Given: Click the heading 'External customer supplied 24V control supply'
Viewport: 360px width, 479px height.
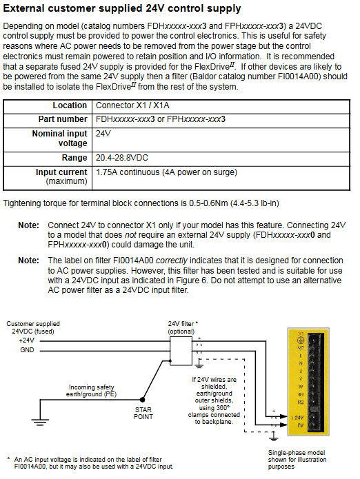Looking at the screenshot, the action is click(122, 8).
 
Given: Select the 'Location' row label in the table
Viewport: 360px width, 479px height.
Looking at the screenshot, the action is click(70, 105).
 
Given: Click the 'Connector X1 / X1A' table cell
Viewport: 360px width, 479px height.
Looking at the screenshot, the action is click(132, 105).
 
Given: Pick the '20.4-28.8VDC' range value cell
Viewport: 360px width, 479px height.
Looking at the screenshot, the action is click(121, 158).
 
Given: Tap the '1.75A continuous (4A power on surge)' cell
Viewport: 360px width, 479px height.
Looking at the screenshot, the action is click(166, 172).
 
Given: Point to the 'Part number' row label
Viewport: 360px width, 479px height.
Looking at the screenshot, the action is click(63, 119).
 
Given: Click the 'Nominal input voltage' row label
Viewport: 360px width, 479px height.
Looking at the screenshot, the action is click(59, 139).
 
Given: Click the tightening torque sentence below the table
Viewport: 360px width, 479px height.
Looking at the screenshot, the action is click(141, 203).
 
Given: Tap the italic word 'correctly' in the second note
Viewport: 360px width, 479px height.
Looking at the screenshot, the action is click(172, 261).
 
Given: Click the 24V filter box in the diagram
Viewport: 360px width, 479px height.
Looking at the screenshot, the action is click(181, 351).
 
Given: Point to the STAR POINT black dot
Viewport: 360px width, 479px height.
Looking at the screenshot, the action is click(142, 399).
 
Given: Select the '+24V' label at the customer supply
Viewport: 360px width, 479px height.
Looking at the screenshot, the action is click(27, 340).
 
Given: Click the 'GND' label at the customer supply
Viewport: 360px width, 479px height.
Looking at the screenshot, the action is click(27, 350).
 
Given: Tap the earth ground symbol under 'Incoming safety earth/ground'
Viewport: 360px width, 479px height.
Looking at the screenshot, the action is click(40, 422).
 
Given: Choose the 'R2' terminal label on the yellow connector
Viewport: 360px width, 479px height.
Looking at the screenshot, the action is click(301, 402).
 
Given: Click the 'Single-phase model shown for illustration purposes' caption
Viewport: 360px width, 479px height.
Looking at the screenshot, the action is click(297, 460).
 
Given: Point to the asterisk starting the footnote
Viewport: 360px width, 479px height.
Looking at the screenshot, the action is click(8, 459).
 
